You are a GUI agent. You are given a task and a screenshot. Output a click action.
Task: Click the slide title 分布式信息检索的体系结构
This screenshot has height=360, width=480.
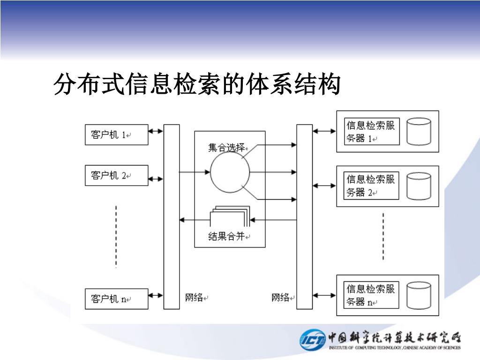click(196, 85)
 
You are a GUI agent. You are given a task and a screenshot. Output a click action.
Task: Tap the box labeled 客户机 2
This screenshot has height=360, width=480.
click(116, 175)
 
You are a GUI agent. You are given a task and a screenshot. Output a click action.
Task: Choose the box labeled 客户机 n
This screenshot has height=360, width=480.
click(116, 299)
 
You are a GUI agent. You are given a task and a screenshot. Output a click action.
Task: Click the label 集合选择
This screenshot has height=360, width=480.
click(227, 148)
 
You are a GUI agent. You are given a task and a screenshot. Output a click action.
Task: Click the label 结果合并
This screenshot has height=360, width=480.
click(227, 237)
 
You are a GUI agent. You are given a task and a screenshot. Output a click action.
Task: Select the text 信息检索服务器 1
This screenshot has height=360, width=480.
click(371, 132)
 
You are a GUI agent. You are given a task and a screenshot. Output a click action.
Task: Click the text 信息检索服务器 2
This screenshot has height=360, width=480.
click(371, 186)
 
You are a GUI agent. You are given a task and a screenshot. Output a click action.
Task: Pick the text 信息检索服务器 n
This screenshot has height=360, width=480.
click(371, 295)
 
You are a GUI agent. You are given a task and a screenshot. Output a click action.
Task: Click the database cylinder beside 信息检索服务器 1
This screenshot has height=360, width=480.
click(419, 131)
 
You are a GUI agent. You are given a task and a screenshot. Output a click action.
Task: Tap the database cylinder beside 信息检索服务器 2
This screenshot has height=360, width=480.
click(419, 186)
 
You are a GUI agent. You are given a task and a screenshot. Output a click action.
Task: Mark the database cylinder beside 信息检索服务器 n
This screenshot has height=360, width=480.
click(419, 295)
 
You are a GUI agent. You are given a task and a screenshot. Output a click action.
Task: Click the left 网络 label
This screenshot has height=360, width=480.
click(194, 297)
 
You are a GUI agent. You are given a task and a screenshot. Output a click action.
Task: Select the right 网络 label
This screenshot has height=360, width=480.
click(281, 297)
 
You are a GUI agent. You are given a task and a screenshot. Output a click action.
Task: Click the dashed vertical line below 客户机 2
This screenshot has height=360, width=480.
click(116, 237)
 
